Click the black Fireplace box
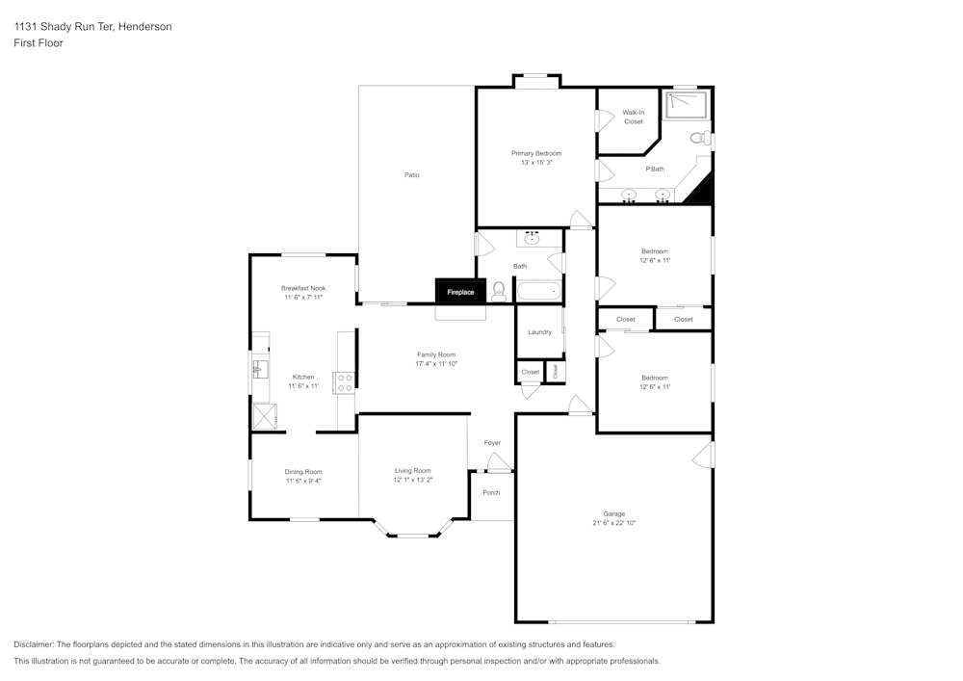point(460,292)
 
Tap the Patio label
point(411,175)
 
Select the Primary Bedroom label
point(536,153)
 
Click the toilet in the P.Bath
point(700,138)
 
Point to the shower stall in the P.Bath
point(687,104)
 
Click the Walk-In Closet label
point(634,117)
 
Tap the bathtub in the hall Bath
point(538,291)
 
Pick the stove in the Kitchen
point(344,382)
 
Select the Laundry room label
point(540,332)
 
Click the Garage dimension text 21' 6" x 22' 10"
point(614,523)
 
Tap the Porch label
point(491,492)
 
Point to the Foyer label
point(492,443)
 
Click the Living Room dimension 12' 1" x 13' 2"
point(413,480)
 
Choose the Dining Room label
point(303,472)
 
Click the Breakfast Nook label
point(303,288)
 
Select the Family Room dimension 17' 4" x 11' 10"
point(436,363)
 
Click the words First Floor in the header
point(39,43)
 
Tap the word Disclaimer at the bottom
point(33,644)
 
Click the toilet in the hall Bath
point(499,292)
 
